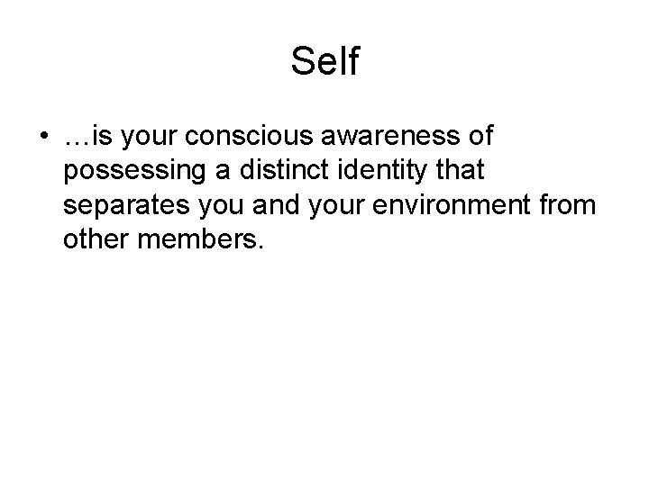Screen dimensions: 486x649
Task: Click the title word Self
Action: point(324,62)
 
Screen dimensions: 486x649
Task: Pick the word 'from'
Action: point(568,204)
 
